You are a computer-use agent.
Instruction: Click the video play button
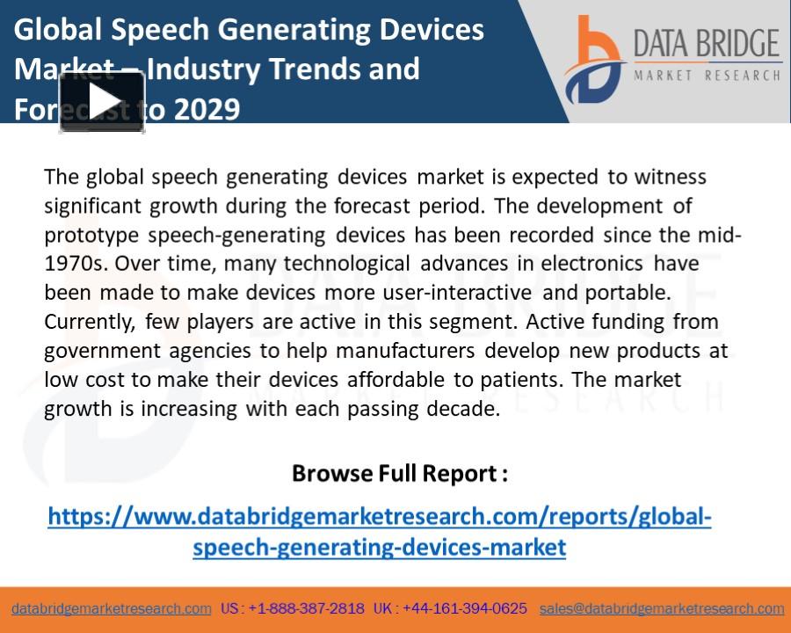[x=102, y=101]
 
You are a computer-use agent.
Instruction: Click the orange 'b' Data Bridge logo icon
[x=594, y=60]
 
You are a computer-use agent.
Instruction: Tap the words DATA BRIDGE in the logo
[x=707, y=44]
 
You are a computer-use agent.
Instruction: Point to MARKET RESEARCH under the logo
[x=707, y=76]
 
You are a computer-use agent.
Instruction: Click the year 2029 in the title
[x=207, y=110]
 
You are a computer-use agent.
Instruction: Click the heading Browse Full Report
[x=399, y=474]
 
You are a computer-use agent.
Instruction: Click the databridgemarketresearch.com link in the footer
[x=112, y=608]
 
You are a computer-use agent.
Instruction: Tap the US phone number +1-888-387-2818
[x=306, y=608]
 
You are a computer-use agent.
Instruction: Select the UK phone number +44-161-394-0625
[x=465, y=608]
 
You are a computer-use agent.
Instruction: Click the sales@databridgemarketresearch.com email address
[x=662, y=608]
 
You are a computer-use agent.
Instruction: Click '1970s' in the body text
[x=76, y=264]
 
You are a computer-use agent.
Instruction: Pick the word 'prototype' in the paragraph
[x=92, y=235]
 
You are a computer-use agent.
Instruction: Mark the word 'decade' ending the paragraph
[x=469, y=409]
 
